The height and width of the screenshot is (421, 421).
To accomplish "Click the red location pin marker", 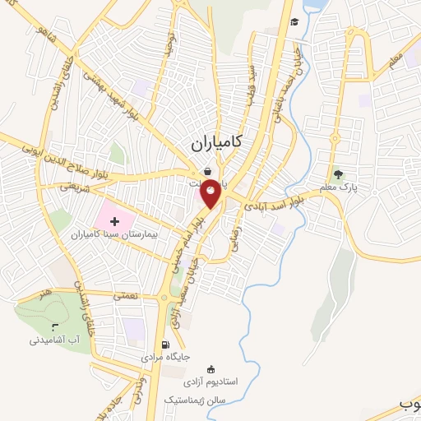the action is click(211, 192).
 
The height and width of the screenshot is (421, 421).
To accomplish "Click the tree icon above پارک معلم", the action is click(338, 174).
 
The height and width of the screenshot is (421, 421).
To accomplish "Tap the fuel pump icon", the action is click(167, 345).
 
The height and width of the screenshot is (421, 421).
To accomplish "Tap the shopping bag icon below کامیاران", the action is click(208, 171).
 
